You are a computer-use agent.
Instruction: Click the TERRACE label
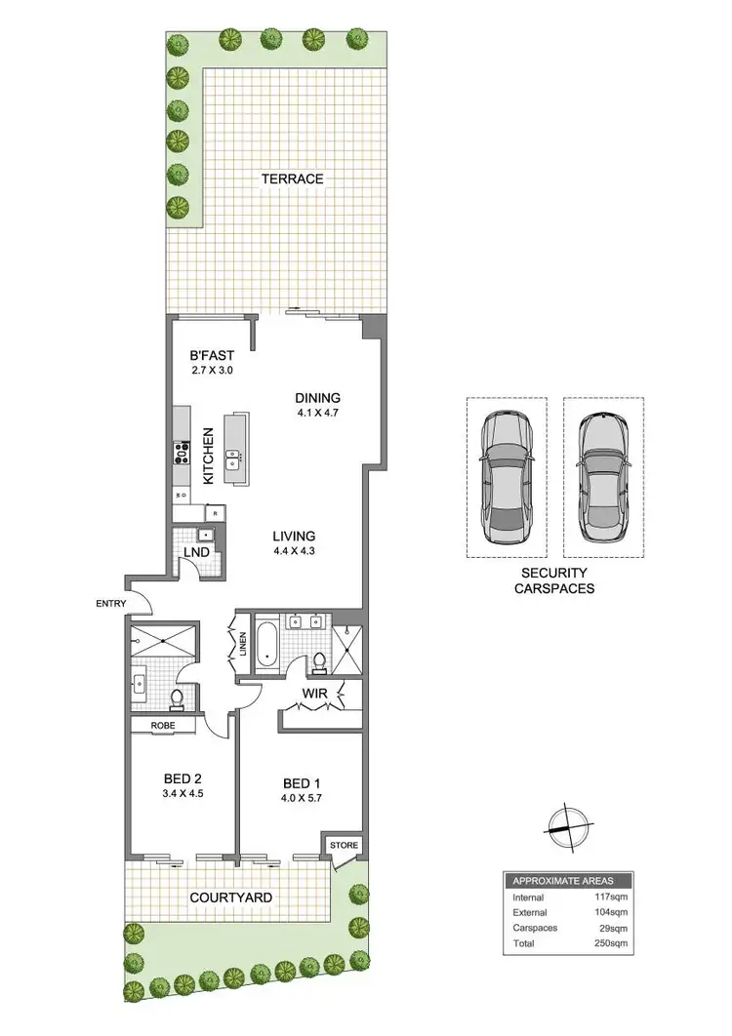pyautogui.click(x=292, y=179)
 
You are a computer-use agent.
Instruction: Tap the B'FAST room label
pyautogui.click(x=212, y=356)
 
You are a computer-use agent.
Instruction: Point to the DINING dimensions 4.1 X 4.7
pyautogui.click(x=318, y=413)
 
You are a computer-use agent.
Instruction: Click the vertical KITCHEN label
pyautogui.click(x=208, y=457)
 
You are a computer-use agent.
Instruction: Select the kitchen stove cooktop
pyautogui.click(x=182, y=453)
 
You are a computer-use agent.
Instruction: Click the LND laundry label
pyautogui.click(x=194, y=552)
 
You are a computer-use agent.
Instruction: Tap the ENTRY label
pyautogui.click(x=111, y=604)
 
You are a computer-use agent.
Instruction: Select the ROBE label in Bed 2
pyautogui.click(x=162, y=726)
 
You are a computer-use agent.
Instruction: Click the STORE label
pyautogui.click(x=344, y=845)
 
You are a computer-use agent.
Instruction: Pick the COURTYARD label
pyautogui.click(x=230, y=897)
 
